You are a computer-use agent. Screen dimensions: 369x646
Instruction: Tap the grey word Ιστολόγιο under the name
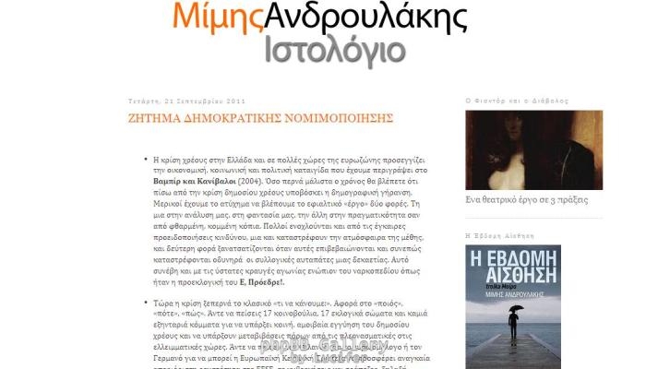tap(334, 50)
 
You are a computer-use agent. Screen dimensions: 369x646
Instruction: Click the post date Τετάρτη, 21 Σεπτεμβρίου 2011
tap(186, 101)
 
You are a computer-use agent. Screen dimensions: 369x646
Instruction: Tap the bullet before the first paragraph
tap(146, 159)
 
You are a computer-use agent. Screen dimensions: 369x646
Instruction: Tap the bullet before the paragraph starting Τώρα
tap(146, 303)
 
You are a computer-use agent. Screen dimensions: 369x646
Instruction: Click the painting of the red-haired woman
tap(520, 148)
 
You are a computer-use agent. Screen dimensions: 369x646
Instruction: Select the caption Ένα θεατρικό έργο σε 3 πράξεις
tap(527, 198)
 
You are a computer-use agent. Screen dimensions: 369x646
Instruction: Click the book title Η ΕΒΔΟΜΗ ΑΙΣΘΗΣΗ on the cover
tap(512, 265)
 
